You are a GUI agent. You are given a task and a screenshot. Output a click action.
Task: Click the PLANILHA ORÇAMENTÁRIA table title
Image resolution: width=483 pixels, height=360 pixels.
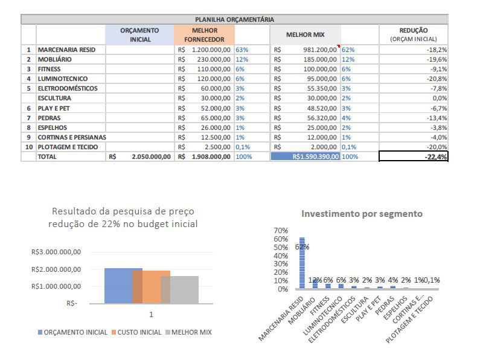click(x=234, y=19)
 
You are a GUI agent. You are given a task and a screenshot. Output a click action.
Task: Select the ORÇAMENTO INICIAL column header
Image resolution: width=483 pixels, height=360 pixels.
click(x=139, y=34)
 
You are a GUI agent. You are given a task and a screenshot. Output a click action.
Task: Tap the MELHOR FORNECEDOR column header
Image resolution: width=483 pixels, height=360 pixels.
click(x=204, y=34)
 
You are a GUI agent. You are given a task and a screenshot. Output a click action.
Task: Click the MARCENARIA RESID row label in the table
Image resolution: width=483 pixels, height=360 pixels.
click(x=63, y=50)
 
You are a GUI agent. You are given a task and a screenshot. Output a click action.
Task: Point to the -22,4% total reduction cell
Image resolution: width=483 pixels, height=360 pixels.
click(x=414, y=156)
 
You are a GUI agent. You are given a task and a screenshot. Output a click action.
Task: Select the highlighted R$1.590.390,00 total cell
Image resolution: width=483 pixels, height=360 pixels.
click(x=305, y=156)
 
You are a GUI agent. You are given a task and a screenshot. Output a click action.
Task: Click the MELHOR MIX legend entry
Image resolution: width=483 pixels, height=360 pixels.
click(x=191, y=332)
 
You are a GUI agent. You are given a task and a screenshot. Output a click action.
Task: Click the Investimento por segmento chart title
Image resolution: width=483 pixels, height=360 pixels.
click(x=362, y=214)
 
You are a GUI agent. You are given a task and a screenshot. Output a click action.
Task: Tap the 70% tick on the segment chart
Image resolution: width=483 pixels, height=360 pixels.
click(x=281, y=231)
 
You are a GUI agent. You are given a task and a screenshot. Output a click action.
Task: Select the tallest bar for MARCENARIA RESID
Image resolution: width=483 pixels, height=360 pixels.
click(x=302, y=263)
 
